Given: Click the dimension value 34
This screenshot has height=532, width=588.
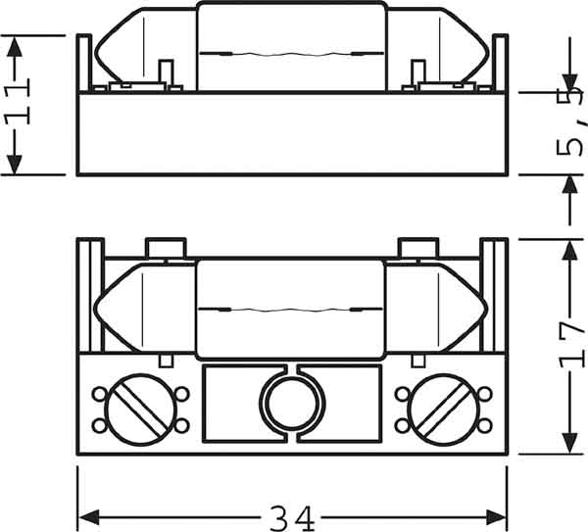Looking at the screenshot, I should click(292, 515).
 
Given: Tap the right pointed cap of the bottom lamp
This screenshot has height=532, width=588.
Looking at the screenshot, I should click(464, 308).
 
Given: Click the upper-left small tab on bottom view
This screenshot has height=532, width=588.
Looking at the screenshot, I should click(164, 247).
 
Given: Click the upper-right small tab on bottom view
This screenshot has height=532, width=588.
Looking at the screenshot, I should click(416, 247).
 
